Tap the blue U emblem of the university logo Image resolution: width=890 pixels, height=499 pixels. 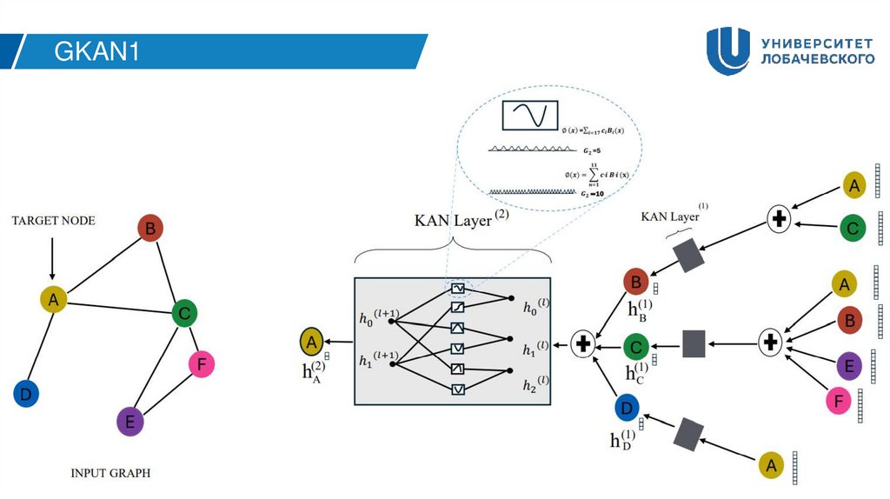pyautogui.click(x=727, y=50)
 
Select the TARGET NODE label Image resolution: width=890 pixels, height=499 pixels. pyautogui.click(x=52, y=221)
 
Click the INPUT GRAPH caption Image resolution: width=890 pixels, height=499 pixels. pyautogui.click(x=110, y=474)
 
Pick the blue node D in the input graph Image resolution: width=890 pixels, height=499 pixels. pyautogui.click(x=26, y=394)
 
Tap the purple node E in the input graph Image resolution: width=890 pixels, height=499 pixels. pyautogui.click(x=130, y=422)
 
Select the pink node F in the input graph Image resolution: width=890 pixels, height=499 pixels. pyautogui.click(x=201, y=365)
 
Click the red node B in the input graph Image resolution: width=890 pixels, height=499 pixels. pyautogui.click(x=150, y=230)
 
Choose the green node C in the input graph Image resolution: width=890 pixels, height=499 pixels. pyautogui.click(x=183, y=313)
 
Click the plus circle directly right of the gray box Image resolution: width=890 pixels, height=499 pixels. pyautogui.click(x=583, y=344)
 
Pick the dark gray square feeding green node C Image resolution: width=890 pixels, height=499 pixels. pyautogui.click(x=694, y=344)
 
